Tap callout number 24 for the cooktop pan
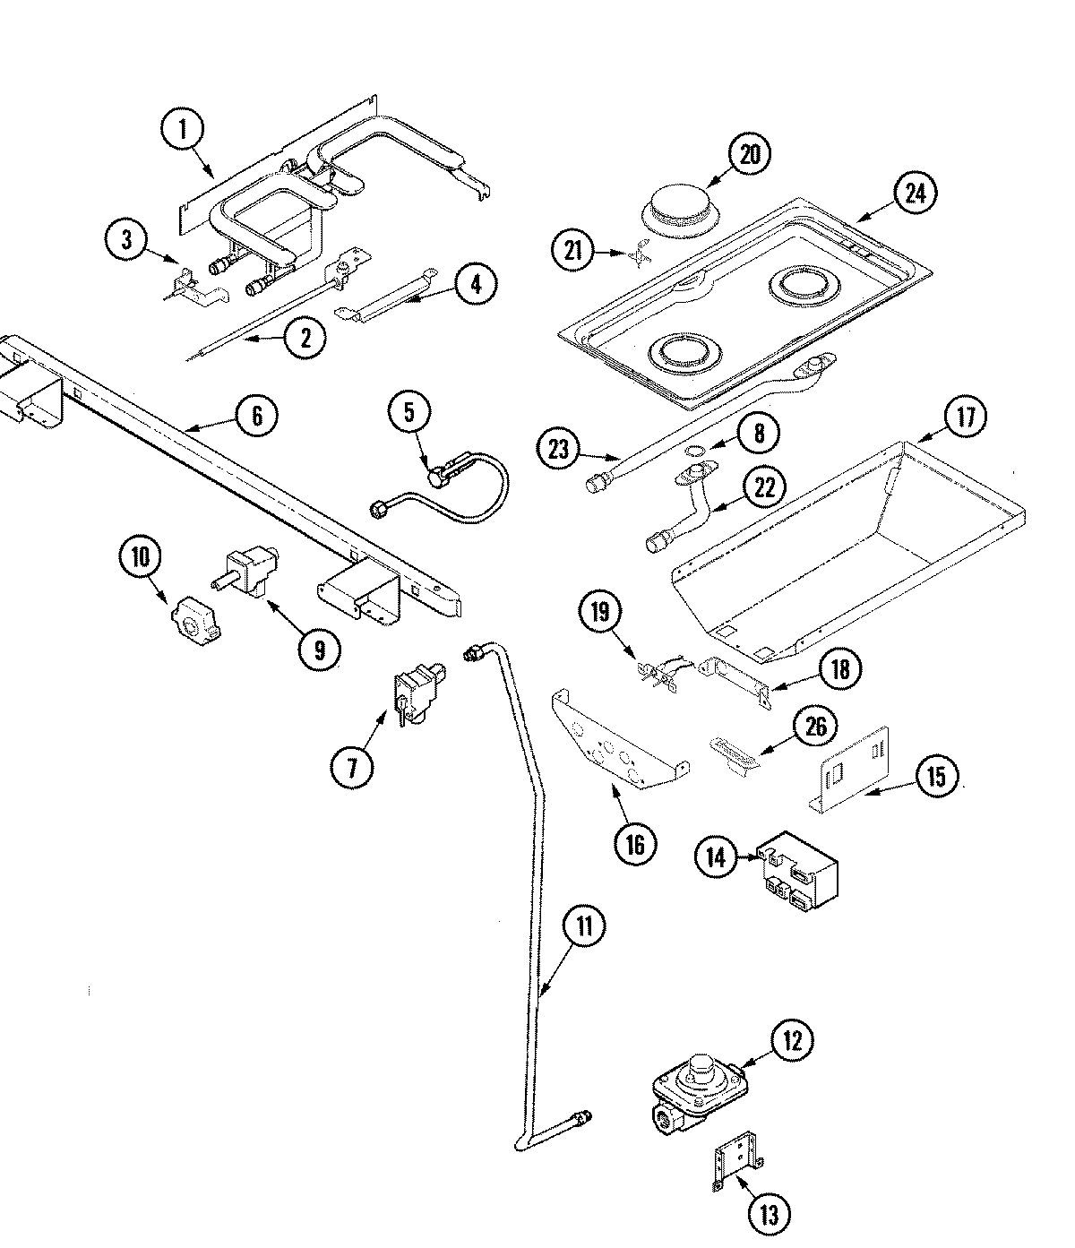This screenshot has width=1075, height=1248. [x=914, y=194]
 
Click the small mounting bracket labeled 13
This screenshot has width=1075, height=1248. [x=737, y=1165]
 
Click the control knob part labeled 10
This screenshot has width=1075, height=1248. [x=194, y=619]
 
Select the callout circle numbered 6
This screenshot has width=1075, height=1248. [x=256, y=416]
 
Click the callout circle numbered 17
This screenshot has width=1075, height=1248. [x=965, y=417]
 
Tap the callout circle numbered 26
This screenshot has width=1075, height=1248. [x=815, y=726]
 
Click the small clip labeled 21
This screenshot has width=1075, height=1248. [x=638, y=256]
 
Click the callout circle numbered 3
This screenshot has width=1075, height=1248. [x=127, y=241]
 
